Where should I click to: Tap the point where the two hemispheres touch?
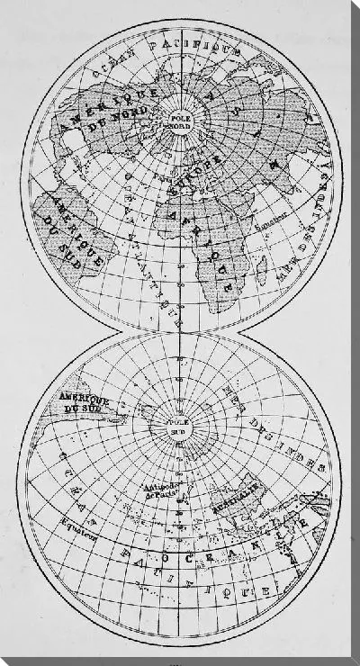[180, 332]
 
